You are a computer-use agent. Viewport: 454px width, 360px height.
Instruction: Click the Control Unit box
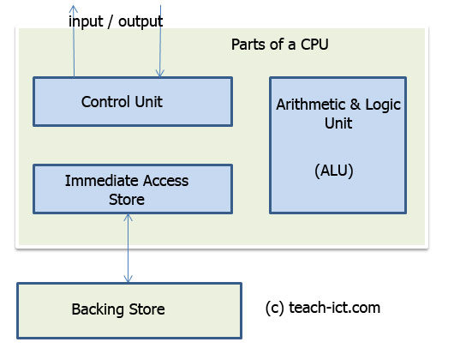click(132, 102)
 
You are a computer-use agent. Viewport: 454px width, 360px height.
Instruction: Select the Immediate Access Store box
click(132, 189)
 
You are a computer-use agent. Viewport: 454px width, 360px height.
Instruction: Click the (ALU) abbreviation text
click(334, 171)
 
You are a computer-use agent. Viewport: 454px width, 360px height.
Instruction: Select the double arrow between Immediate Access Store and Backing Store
click(128, 249)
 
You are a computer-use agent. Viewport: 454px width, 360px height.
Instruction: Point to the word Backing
click(96, 309)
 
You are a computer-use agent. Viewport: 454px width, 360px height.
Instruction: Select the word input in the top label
click(87, 20)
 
